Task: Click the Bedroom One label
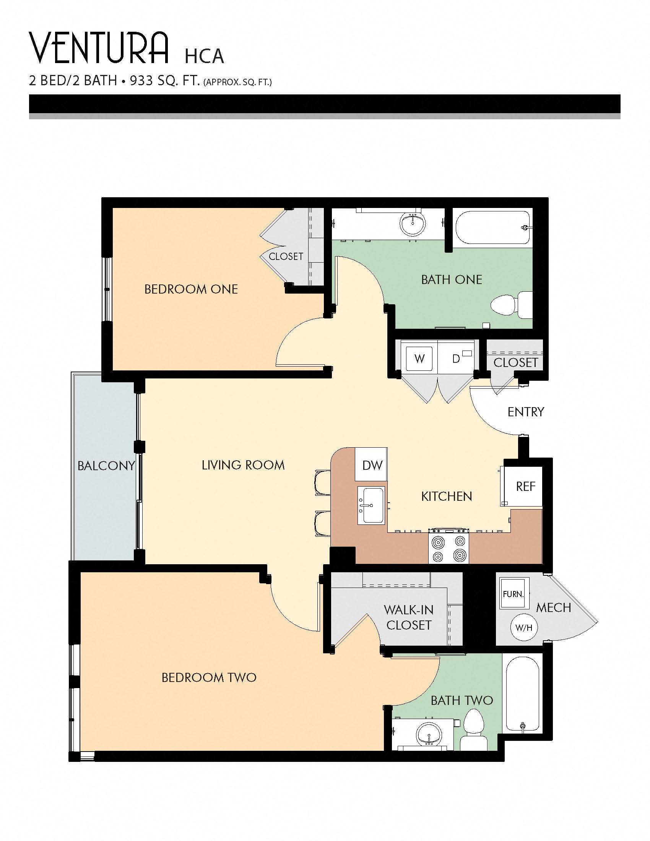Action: click(191, 289)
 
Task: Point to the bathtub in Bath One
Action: click(492, 227)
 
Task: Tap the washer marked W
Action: click(419, 359)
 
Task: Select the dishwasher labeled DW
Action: click(372, 465)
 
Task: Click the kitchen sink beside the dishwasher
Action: click(371, 505)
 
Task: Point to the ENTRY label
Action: click(525, 412)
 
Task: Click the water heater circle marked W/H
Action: click(524, 628)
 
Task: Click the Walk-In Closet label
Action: click(408, 617)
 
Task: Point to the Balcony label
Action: click(106, 466)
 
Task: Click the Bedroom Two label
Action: click(209, 677)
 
